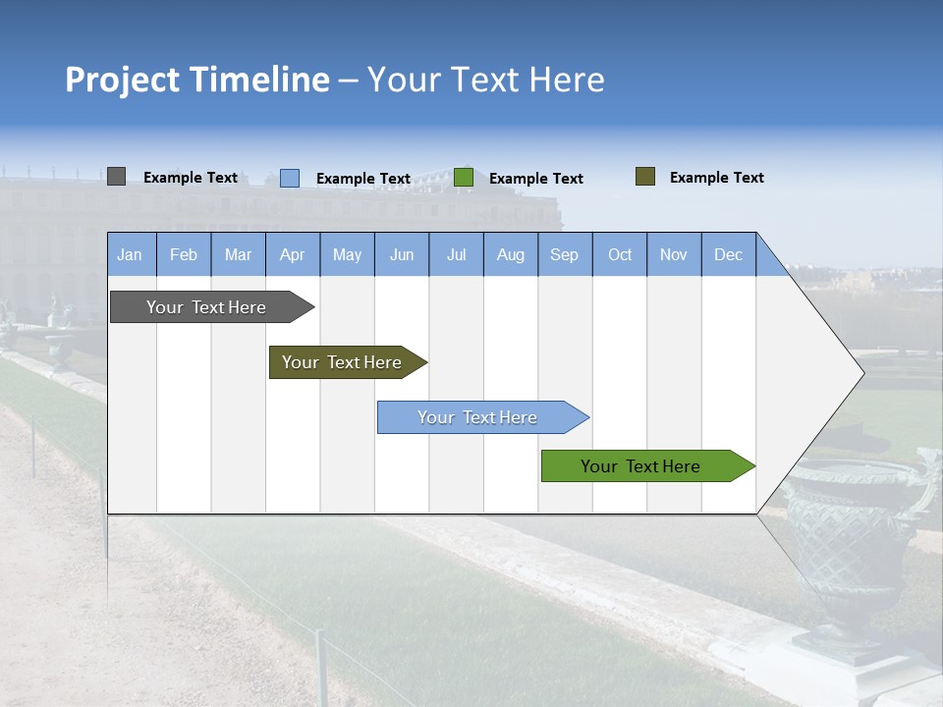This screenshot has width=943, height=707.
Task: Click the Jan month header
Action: click(130, 254)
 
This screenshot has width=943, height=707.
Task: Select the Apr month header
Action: click(292, 254)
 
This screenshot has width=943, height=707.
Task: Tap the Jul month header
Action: click(456, 254)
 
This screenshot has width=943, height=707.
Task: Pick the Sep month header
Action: click(564, 254)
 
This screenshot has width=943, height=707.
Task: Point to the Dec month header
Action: click(728, 254)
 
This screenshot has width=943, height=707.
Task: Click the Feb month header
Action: click(184, 254)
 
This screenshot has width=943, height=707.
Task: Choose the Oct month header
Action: click(620, 254)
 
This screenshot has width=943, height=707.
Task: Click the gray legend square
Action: click(117, 177)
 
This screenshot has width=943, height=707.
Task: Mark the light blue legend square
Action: click(290, 178)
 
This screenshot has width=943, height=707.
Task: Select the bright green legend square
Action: click(464, 178)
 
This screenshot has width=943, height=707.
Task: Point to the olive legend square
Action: click(645, 177)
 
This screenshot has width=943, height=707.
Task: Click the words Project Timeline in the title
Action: click(197, 80)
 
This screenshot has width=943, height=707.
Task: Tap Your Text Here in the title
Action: click(486, 80)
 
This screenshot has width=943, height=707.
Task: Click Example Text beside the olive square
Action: click(716, 178)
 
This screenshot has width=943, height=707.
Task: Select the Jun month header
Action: click(402, 254)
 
